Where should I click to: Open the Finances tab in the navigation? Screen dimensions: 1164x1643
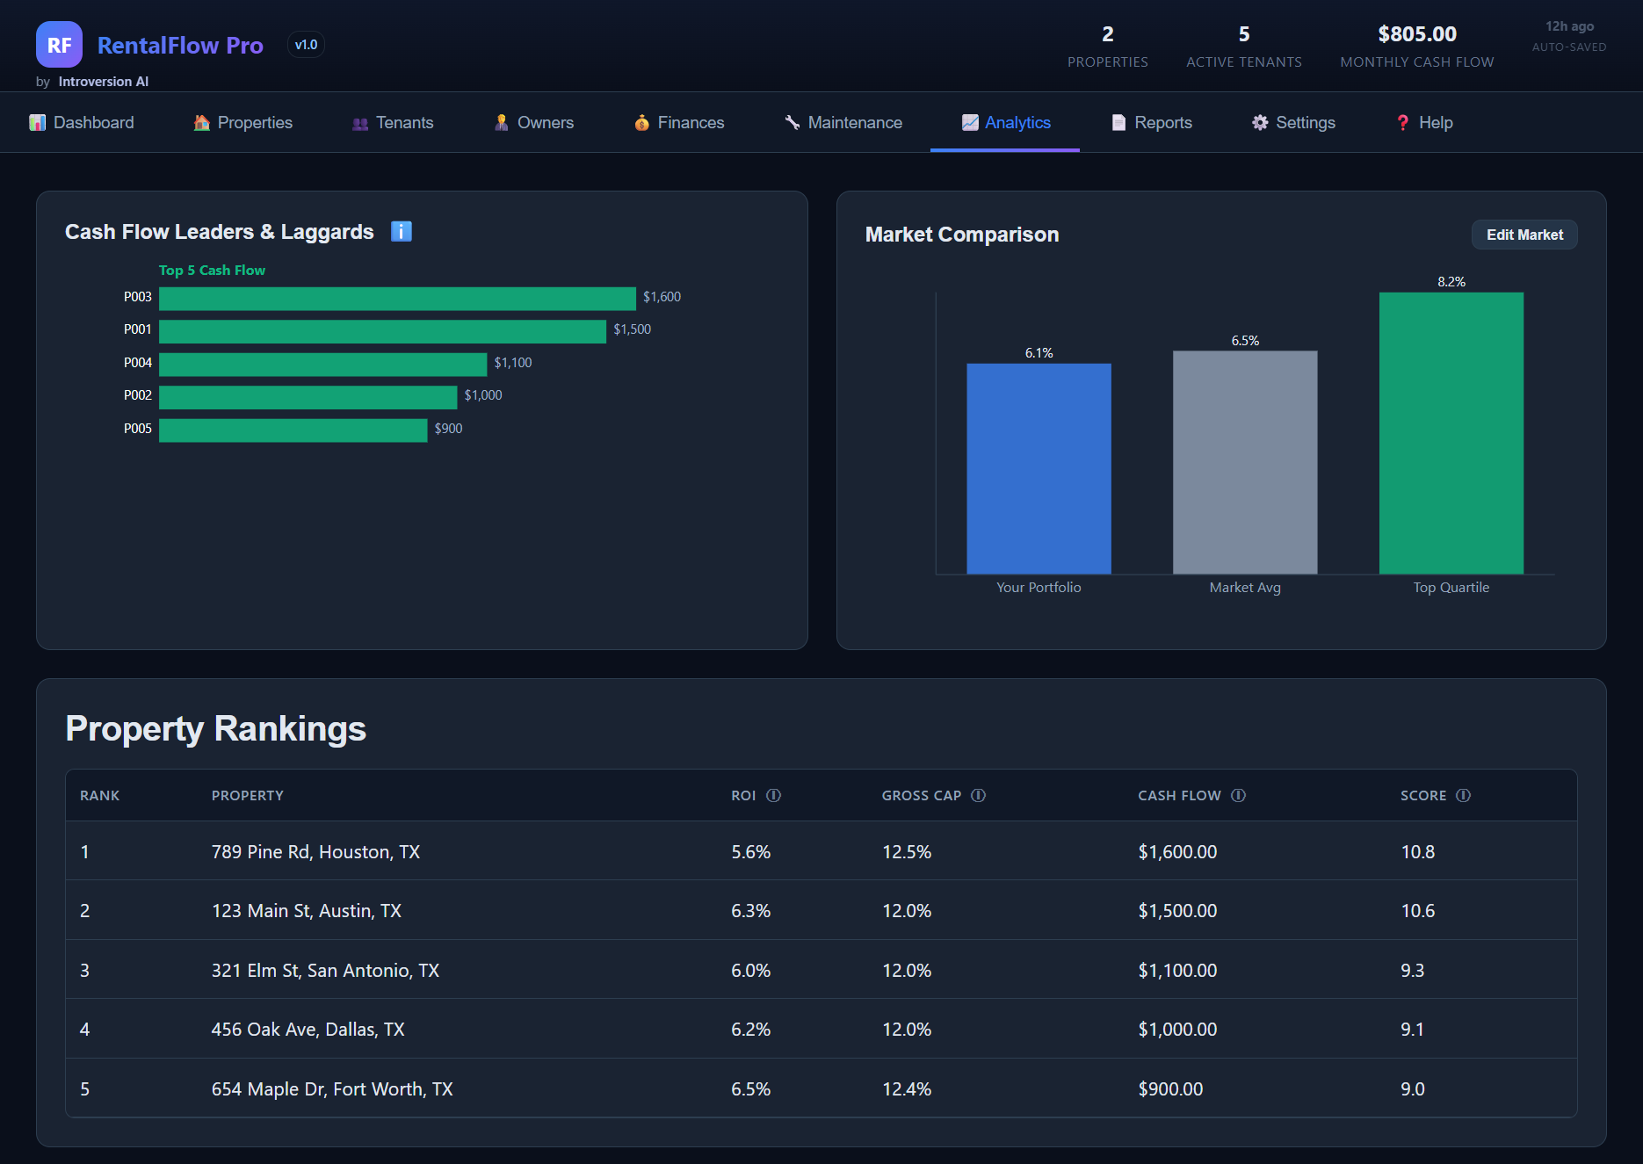[x=678, y=123]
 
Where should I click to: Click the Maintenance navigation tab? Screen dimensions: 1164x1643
[x=843, y=123]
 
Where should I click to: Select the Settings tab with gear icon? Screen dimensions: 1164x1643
[x=1293, y=123]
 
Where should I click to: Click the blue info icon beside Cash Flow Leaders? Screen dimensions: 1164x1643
[x=402, y=232]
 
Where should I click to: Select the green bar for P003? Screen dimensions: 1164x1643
[x=397, y=299]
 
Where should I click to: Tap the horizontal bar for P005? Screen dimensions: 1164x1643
[x=293, y=430]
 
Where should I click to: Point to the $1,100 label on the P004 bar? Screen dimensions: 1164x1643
[x=513, y=363]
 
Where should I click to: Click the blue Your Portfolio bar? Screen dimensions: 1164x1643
[x=1039, y=468]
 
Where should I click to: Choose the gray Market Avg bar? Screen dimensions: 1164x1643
[x=1245, y=462]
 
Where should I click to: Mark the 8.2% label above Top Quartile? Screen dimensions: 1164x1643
[x=1451, y=282]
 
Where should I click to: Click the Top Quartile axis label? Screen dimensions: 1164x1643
[x=1451, y=588]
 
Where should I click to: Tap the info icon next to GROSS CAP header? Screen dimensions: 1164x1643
[x=978, y=796]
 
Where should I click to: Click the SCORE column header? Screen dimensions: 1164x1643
[x=1423, y=796]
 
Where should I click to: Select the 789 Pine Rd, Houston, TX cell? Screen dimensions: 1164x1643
[x=315, y=852]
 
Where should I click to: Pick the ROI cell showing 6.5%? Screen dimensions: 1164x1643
[x=751, y=1089]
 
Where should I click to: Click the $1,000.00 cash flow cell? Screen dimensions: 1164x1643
[x=1177, y=1030]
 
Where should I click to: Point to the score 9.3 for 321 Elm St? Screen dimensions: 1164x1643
[x=1412, y=971]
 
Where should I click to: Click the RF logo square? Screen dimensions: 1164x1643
[x=59, y=45]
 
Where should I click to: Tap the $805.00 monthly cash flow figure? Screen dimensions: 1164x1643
[x=1417, y=34]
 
